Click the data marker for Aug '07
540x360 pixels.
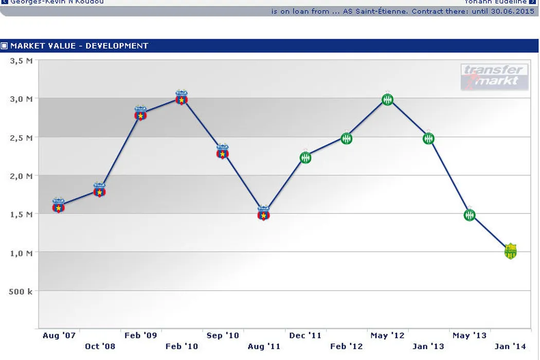tap(59, 207)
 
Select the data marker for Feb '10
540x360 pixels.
tap(182, 98)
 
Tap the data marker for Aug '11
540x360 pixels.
tap(264, 214)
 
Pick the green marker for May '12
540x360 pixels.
tap(388, 100)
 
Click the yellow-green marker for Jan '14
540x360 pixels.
tap(510, 251)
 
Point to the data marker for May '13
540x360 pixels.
tap(470, 215)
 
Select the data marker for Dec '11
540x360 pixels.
tap(305, 158)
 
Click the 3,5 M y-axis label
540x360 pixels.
tap(22, 61)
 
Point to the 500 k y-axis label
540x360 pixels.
tap(22, 291)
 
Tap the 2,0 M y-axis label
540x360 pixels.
tap(22, 176)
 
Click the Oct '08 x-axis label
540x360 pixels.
tap(100, 346)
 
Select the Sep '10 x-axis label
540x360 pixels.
tap(223, 335)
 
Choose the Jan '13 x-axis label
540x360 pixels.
tap(428, 346)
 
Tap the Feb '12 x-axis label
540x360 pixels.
tap(346, 346)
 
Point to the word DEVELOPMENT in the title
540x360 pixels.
tap(117, 46)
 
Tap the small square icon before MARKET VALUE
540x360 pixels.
tap(5, 46)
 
